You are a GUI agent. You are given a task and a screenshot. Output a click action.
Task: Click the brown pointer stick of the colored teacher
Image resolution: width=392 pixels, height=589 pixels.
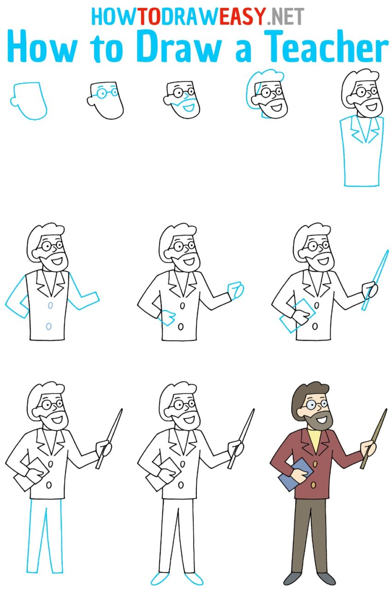coord(374,438)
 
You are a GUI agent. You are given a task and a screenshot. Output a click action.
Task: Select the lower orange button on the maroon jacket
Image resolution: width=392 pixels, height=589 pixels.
coord(314,485)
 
